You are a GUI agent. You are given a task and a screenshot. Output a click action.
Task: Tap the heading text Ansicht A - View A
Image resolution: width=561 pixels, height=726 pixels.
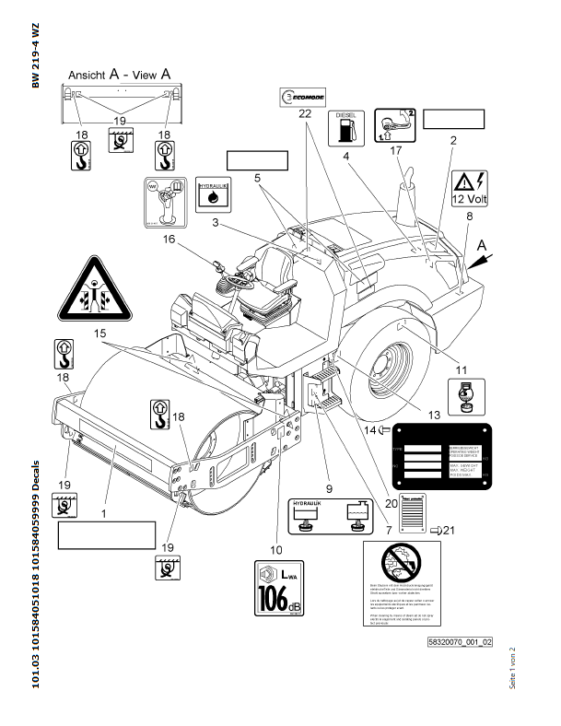pos(118,73)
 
